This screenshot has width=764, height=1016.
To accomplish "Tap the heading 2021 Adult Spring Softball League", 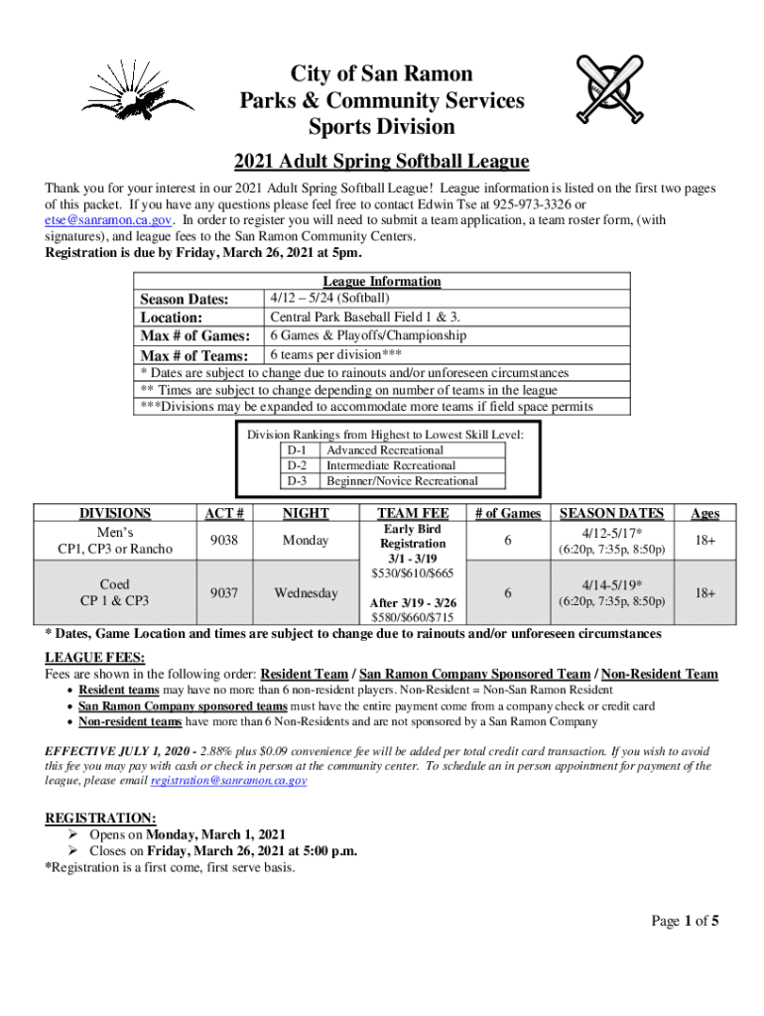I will point(381,162).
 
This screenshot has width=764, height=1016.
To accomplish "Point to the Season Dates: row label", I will point(185,300).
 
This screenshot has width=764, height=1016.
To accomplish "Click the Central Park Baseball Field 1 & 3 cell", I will point(365,317).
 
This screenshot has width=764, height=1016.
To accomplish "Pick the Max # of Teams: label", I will point(194,355).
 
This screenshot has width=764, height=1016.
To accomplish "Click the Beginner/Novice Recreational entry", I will point(402,481).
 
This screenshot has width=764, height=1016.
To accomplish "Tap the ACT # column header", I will point(224,513).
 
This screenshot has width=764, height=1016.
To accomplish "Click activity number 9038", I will point(224,540).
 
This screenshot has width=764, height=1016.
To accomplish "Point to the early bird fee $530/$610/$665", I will point(413,573).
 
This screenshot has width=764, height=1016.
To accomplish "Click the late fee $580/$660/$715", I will point(413,617).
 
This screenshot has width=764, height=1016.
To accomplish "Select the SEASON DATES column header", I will point(612,513).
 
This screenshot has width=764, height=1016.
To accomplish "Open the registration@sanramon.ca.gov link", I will point(228,781).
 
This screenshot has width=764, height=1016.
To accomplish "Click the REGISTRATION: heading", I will point(100,818).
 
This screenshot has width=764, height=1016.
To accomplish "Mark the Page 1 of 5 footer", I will point(685,921).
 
